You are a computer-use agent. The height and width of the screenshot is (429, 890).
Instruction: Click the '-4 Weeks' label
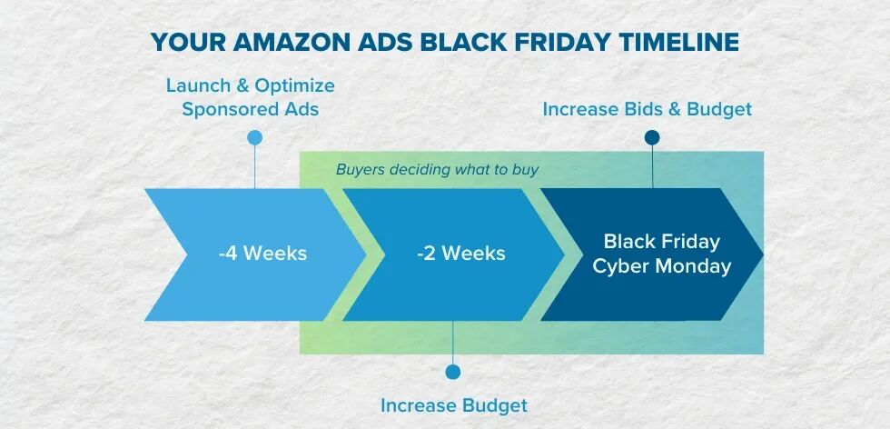[262, 254]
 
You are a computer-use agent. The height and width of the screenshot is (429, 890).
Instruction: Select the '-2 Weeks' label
[461, 254]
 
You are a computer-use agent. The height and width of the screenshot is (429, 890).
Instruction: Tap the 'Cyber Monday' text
[662, 266]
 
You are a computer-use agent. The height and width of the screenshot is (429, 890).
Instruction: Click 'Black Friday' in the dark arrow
[662, 242]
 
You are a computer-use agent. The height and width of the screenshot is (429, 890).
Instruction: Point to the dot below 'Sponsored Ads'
[255, 137]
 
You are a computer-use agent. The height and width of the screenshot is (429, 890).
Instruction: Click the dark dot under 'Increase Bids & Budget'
[652, 137]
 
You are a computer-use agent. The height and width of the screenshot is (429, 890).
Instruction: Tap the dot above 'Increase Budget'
[452, 372]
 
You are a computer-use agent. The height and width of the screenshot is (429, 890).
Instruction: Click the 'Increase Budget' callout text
[453, 405]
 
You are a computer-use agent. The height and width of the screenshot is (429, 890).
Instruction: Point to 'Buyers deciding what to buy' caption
[437, 170]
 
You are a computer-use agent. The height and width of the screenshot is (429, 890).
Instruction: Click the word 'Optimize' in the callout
[294, 86]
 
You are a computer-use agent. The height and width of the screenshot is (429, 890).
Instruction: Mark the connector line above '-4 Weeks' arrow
[255, 166]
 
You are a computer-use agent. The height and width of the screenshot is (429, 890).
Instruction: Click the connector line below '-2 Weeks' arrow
[452, 343]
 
